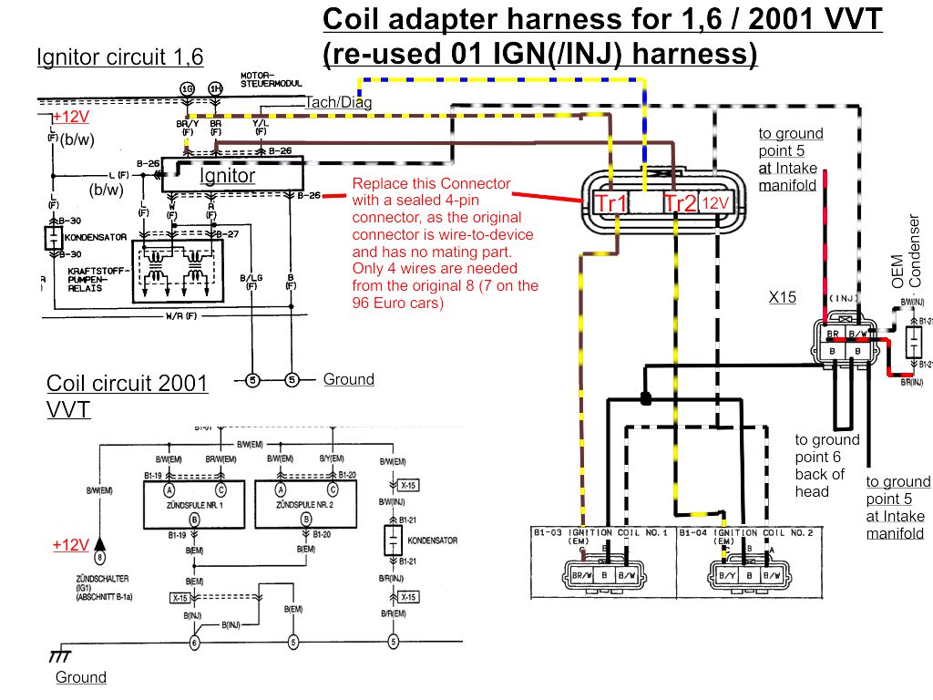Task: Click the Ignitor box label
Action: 228,175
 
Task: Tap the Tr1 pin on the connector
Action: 609,203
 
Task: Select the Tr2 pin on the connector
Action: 680,203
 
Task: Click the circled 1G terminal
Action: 188,88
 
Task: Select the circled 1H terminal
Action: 215,88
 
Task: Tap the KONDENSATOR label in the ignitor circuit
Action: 96,237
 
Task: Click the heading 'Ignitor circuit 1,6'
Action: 119,58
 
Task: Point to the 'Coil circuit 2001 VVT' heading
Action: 127,396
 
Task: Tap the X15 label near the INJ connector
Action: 782,297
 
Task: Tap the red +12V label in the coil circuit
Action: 70,545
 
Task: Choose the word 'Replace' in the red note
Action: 381,183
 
